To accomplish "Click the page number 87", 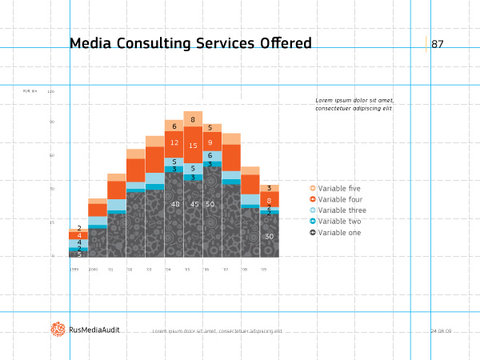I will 437,44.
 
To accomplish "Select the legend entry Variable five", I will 339,188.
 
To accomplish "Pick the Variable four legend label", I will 340,199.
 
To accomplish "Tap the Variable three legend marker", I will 314,210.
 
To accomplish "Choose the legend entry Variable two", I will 339,221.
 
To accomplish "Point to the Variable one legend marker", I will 314,232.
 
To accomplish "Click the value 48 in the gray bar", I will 175,204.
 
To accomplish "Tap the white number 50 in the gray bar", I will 210,204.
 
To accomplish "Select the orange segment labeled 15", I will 193,146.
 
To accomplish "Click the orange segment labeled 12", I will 174,142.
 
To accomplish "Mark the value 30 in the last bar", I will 269,236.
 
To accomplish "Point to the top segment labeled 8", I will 193,119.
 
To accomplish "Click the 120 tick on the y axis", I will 51,91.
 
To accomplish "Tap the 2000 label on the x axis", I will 93,270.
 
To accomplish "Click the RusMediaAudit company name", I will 94,330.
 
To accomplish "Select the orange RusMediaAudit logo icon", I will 58,329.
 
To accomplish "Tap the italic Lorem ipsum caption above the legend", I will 354,104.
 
